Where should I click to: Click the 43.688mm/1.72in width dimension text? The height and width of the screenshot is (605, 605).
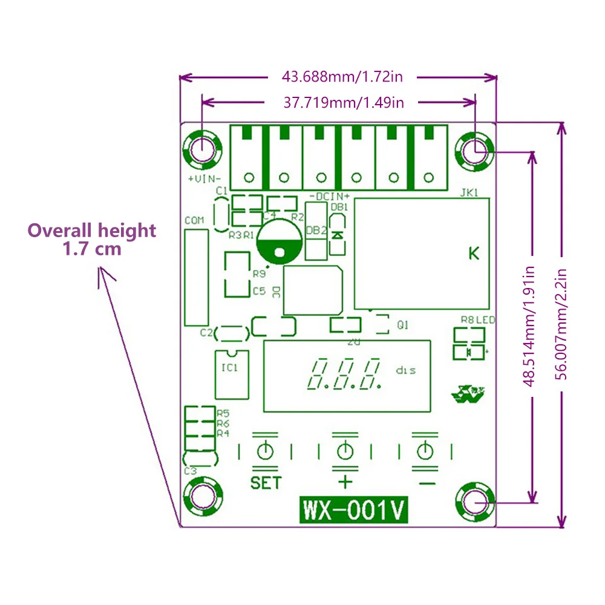coord(342,77)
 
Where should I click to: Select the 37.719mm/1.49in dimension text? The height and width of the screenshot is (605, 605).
coord(344,102)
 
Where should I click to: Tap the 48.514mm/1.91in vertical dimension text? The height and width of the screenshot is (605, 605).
coord(530,327)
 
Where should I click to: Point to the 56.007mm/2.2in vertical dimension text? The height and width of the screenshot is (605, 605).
coord(561,324)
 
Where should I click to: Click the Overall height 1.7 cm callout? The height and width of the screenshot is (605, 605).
coord(91,239)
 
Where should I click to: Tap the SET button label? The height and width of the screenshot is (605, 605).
coord(266,483)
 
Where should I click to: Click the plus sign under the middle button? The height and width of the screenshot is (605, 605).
coord(345,482)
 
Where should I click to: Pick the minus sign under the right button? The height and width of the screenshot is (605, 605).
coord(426,483)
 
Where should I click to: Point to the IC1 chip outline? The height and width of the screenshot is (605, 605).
coord(232,374)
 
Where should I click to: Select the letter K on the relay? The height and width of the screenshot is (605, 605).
coord(474,253)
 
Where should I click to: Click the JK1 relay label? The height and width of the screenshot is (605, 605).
coord(469,194)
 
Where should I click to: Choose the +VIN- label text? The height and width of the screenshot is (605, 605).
coord(204,179)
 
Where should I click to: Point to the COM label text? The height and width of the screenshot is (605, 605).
coord(194,221)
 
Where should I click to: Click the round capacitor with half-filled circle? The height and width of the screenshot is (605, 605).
coord(280,240)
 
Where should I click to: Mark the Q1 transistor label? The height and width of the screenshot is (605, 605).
coord(403,325)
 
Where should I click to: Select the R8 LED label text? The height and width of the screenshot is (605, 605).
coord(477,319)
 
